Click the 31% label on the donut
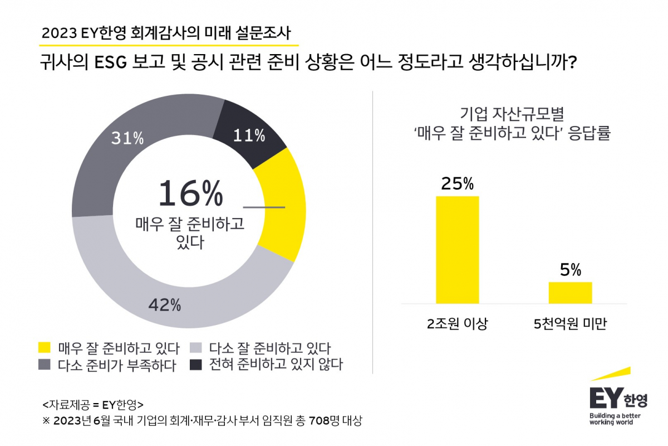click(127, 138)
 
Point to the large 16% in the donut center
click(190, 193)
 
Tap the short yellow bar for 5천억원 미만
click(570, 293)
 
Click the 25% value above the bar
click(457, 183)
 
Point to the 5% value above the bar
click(570, 270)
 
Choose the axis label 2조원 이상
click(458, 324)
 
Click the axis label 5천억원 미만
click(570, 324)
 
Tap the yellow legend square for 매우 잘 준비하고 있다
click(45, 348)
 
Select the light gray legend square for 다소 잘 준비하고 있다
click(196, 348)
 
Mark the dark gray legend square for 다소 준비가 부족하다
click(45, 365)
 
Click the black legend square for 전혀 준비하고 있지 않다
click(196, 365)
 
